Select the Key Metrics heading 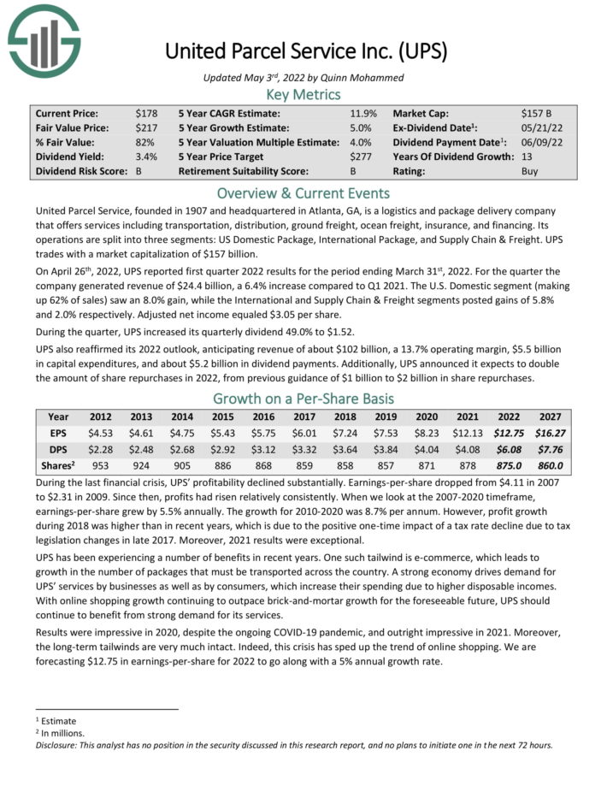point(303,94)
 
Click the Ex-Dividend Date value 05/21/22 point(539,127)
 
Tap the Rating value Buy point(530,171)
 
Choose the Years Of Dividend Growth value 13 point(527,157)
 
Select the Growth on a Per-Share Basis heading point(303,399)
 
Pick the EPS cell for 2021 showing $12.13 point(474,434)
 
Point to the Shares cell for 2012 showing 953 point(101,466)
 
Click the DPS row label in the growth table point(58,450)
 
